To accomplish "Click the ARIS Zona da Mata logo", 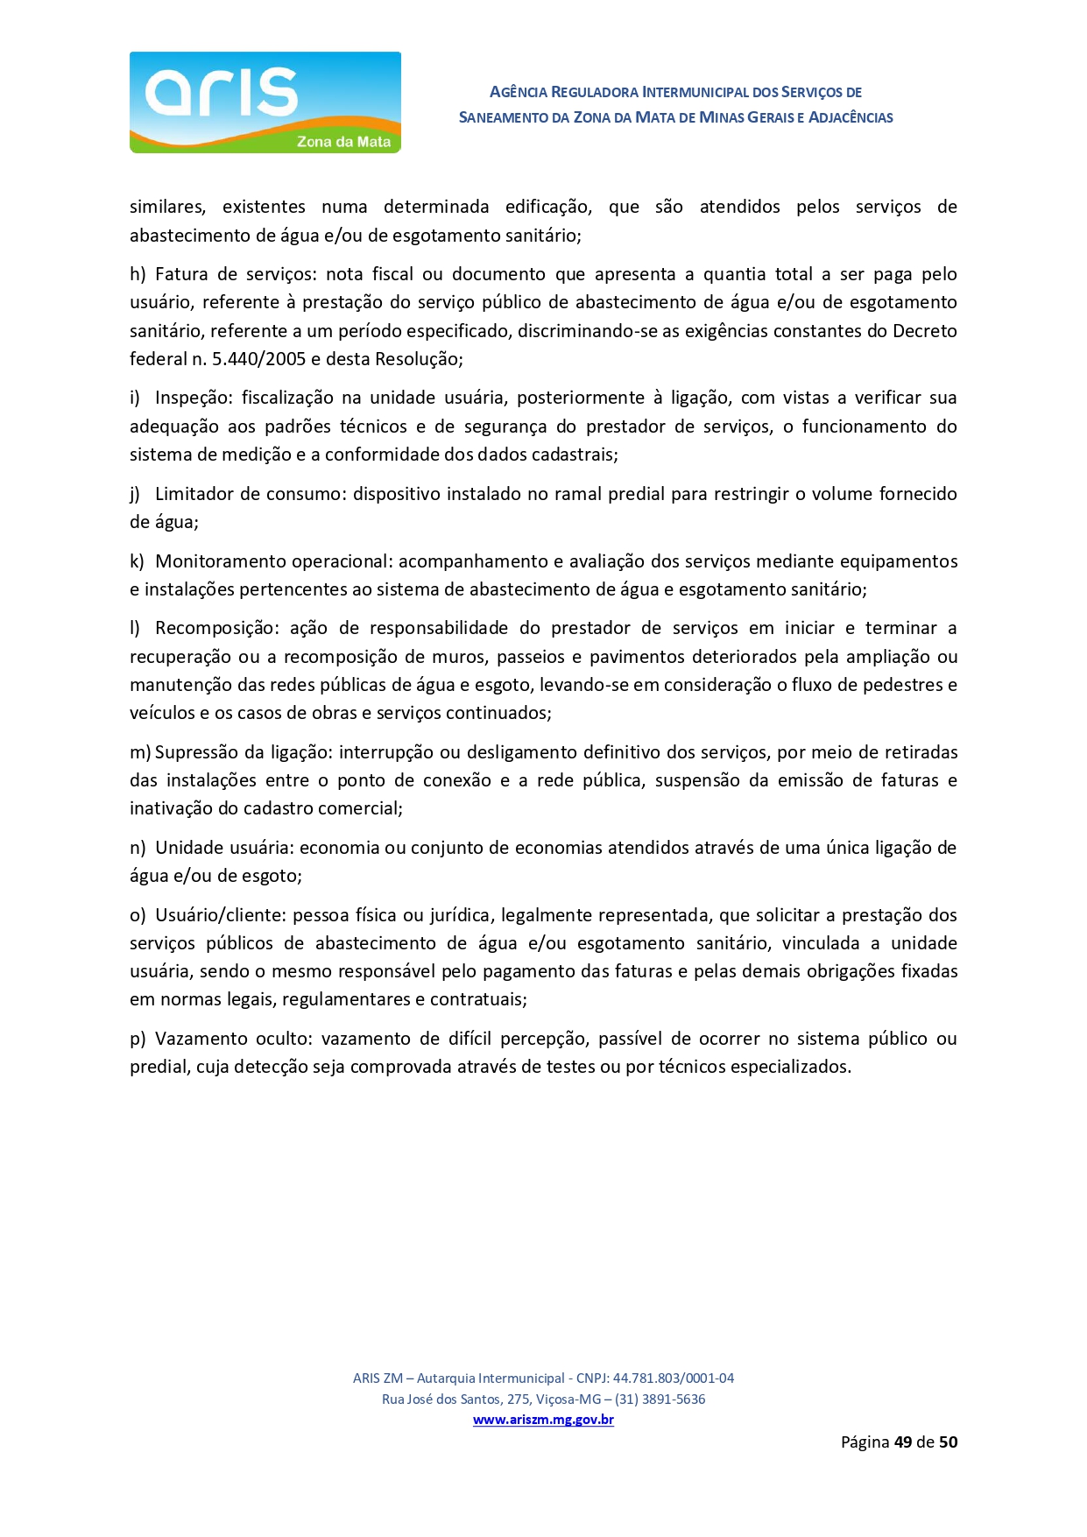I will (x=265, y=102).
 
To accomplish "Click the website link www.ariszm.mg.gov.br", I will (x=543, y=1420).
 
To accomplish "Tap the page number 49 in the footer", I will (x=903, y=1442).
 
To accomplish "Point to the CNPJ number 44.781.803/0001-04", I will (x=673, y=1378).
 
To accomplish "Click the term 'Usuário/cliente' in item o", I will (x=220, y=915).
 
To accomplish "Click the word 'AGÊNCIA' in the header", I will (x=519, y=92).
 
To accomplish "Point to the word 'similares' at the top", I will (x=167, y=207).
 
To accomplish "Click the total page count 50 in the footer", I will (x=948, y=1442).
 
